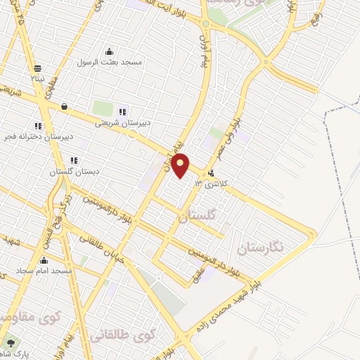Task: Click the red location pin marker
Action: pyautogui.click(x=181, y=165)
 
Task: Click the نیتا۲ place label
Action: pyautogui.click(x=37, y=79)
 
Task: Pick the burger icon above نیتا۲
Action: pyautogui.click(x=37, y=69)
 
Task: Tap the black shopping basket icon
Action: pyautogui.click(x=65, y=107)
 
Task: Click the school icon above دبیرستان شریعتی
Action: pyautogui.click(x=122, y=111)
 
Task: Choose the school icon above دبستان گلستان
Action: pyautogui.click(x=74, y=161)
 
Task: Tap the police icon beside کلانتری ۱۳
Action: pyautogui.click(x=211, y=175)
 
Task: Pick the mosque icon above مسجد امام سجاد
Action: pyautogui.click(x=44, y=260)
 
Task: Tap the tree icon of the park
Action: pyautogui.click(x=10, y=342)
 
